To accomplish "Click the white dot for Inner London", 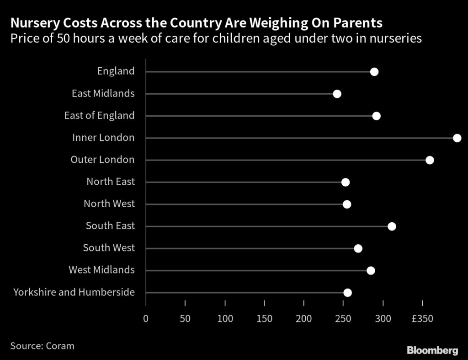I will pyautogui.click(x=457, y=138).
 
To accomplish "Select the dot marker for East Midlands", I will pyautogui.click(x=337, y=94).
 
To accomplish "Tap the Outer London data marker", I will pyautogui.click(x=430, y=160).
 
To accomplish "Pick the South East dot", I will pyautogui.click(x=392, y=226).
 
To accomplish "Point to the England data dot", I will pyautogui.click(x=374, y=72).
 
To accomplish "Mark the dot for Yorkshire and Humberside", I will pyautogui.click(x=347, y=293).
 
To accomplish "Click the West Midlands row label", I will pyautogui.click(x=101, y=270).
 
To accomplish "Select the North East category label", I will pyautogui.click(x=111, y=182).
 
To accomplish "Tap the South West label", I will pyautogui.click(x=109, y=248).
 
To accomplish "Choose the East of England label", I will pyautogui.click(x=99, y=116).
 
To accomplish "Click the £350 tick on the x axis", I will pyautogui.click(x=422, y=317).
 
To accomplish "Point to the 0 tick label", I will pyautogui.click(x=146, y=317).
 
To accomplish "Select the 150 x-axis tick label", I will pyautogui.click(x=265, y=317).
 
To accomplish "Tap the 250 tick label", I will pyautogui.click(x=344, y=317).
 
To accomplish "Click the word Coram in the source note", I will pyautogui.click(x=60, y=346).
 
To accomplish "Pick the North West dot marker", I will pyautogui.click(x=347, y=204).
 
